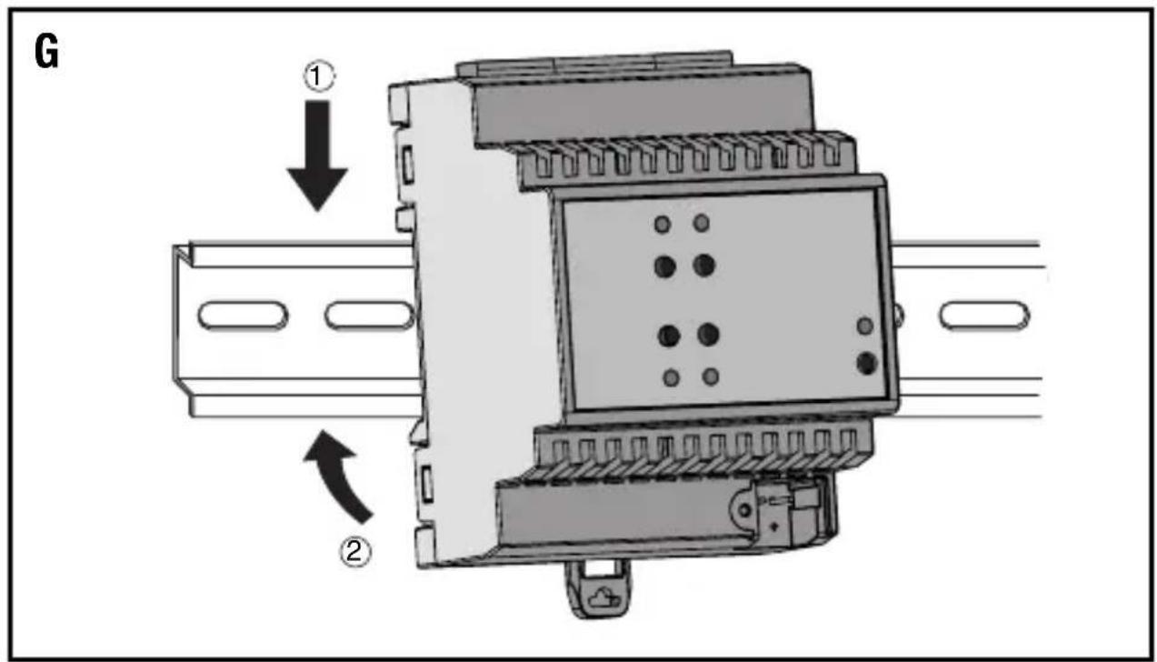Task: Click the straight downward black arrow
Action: tap(316, 155)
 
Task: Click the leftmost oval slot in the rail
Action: tap(243, 316)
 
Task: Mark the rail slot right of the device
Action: tap(984, 316)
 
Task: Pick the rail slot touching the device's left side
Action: tap(368, 316)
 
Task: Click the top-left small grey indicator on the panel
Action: tap(663, 223)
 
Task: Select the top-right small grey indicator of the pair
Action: tap(702, 223)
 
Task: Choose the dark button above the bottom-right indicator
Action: tap(709, 336)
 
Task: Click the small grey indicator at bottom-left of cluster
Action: tap(671, 377)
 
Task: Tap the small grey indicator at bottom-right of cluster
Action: tap(711, 376)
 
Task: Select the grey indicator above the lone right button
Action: tap(865, 326)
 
